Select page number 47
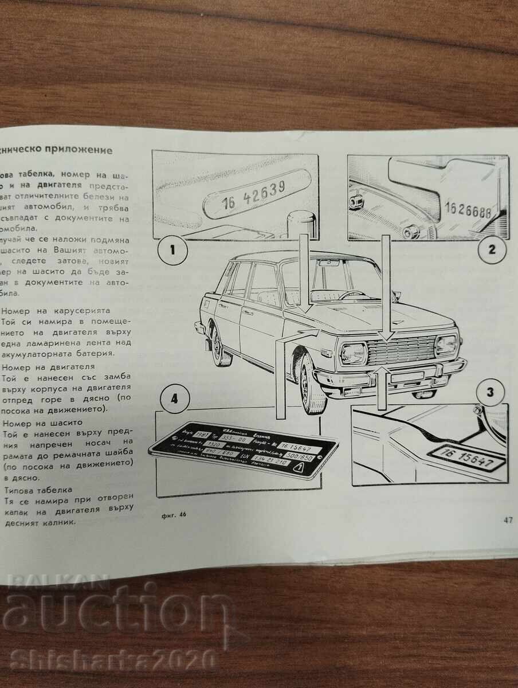click(507, 520)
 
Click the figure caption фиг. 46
click(174, 514)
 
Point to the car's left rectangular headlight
click(354, 353)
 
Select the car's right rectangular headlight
click(446, 345)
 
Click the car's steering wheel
click(352, 294)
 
